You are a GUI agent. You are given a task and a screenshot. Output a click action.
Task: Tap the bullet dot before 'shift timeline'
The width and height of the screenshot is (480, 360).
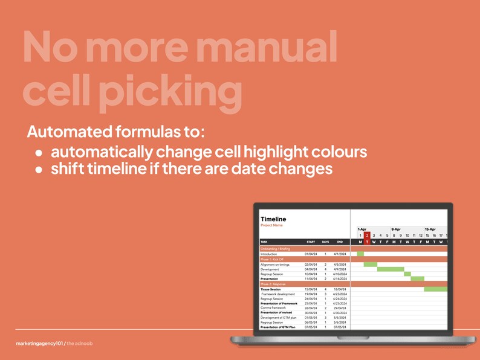[39, 170]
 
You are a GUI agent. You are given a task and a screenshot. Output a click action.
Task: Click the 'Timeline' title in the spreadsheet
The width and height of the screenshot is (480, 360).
[273, 219]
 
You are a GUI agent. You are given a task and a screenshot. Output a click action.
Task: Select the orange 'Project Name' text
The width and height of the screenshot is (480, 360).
[271, 225]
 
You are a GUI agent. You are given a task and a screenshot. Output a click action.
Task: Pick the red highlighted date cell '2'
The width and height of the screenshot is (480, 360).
[367, 236]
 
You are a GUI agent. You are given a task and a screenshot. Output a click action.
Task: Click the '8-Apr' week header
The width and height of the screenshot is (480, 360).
[396, 230]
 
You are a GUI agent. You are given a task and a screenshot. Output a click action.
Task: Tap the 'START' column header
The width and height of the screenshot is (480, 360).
[310, 242]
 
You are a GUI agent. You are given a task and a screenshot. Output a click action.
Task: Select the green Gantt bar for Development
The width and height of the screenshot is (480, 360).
[391, 269]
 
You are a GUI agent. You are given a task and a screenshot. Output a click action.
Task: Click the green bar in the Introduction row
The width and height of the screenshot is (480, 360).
[360, 254]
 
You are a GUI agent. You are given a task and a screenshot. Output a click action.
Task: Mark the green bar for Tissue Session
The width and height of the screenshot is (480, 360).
[436, 289]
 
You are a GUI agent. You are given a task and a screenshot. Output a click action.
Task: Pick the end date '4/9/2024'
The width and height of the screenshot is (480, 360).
[340, 269]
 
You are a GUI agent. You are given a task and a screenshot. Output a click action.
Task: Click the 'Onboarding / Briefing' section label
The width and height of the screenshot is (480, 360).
[275, 249]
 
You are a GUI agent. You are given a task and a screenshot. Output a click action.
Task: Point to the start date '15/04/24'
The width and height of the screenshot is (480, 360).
[311, 289]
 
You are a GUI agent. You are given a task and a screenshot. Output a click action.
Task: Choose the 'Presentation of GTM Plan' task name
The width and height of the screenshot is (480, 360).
[277, 327]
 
